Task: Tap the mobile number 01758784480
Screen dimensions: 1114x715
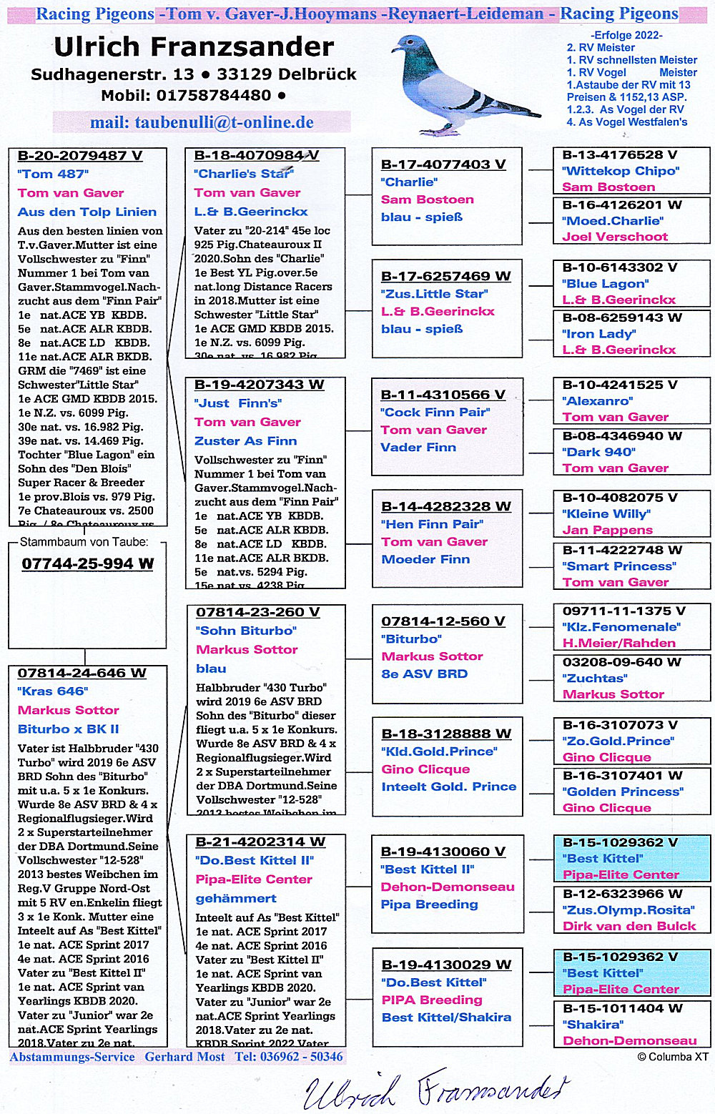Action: click(x=214, y=95)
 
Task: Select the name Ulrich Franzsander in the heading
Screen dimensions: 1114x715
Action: click(x=194, y=47)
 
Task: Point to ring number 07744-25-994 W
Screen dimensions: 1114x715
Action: click(x=87, y=563)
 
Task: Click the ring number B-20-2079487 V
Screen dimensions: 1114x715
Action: click(x=80, y=155)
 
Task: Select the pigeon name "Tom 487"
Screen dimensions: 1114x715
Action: click(x=53, y=174)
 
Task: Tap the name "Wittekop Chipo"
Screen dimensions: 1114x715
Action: click(x=621, y=171)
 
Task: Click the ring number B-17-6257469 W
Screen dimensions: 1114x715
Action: click(x=445, y=276)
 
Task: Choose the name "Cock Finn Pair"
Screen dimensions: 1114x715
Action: click(x=435, y=412)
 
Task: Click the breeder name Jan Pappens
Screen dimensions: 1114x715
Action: click(x=607, y=530)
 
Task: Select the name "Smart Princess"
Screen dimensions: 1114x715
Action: click(x=619, y=566)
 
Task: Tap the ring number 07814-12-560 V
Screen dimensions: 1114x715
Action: click(x=443, y=621)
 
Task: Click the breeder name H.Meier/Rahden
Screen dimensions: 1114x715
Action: click(x=618, y=643)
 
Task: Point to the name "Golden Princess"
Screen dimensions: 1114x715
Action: click(x=623, y=792)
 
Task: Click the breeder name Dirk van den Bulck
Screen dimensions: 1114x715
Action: click(x=629, y=926)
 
